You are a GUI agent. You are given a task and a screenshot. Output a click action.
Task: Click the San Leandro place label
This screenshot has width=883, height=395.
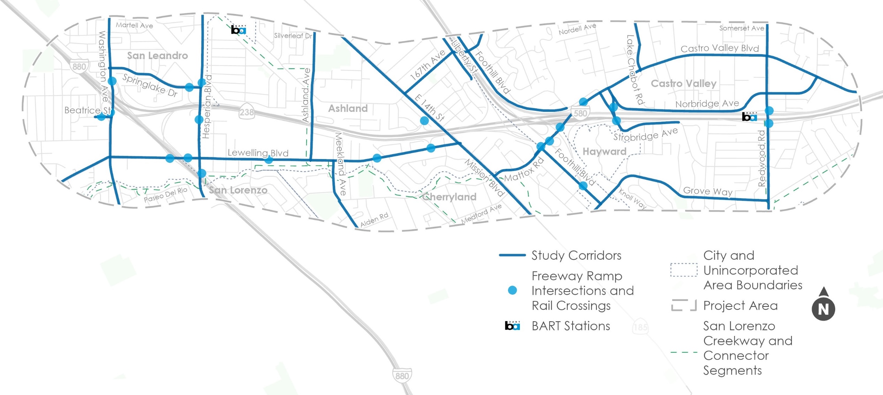pyautogui.click(x=157, y=56)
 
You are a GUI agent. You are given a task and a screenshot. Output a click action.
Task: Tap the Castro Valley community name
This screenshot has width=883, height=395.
pyautogui.click(x=683, y=84)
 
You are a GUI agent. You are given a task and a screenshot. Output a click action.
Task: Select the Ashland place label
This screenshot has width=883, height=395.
pyautogui.click(x=348, y=108)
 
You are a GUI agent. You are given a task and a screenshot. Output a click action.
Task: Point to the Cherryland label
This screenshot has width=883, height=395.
pyautogui.click(x=449, y=197)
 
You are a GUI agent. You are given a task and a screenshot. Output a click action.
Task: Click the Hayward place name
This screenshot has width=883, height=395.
pyautogui.click(x=604, y=151)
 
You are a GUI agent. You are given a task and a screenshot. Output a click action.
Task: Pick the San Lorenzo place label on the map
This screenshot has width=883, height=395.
pyautogui.click(x=238, y=190)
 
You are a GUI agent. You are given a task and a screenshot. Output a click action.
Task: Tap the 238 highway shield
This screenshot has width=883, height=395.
pyautogui.click(x=246, y=112)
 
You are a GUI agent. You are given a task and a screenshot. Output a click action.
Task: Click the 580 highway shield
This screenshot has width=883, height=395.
pyautogui.click(x=580, y=113)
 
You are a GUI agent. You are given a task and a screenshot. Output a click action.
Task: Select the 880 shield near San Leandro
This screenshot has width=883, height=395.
pyautogui.click(x=79, y=66)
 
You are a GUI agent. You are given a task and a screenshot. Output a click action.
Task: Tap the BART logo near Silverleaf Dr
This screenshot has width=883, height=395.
pyautogui.click(x=238, y=30)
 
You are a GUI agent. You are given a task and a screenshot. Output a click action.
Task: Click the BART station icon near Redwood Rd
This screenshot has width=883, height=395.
pyautogui.click(x=749, y=116)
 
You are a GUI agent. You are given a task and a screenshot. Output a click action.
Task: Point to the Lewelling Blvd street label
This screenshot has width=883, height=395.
pyautogui.click(x=258, y=153)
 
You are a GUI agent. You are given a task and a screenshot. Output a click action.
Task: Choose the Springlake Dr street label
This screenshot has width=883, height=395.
pyautogui.click(x=150, y=85)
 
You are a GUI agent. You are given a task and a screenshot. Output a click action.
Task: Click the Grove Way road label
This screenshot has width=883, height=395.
pyautogui.click(x=708, y=191)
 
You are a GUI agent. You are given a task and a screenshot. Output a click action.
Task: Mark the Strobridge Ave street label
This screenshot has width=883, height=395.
pyautogui.click(x=646, y=135)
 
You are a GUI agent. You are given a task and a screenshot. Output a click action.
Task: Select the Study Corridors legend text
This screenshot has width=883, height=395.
pyautogui.click(x=576, y=256)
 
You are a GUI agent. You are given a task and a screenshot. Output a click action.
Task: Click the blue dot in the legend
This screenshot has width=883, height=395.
pyautogui.click(x=512, y=290)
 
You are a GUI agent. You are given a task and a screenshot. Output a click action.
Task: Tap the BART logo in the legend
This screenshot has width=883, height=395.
pyautogui.click(x=512, y=326)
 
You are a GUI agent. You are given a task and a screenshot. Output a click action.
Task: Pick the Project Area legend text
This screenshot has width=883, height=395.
pyautogui.click(x=740, y=306)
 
